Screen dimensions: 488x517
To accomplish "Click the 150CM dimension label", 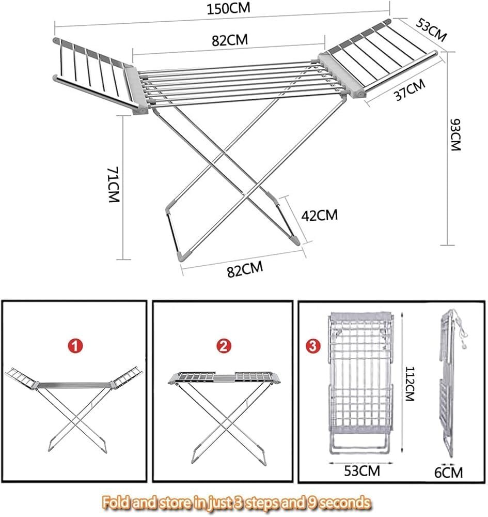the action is (x=229, y=8).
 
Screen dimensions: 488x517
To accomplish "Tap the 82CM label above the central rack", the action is (x=229, y=40).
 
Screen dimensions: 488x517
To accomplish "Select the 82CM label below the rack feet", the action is (x=245, y=269).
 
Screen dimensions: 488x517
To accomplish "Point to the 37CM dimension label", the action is (x=410, y=90).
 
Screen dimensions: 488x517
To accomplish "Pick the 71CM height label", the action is (x=113, y=185).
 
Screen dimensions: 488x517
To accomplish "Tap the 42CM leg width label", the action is (x=320, y=216).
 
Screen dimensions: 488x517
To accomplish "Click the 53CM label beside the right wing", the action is (x=431, y=30).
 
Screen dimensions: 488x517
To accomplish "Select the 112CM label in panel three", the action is (x=409, y=384).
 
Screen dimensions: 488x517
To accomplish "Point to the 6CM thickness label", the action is (x=448, y=473).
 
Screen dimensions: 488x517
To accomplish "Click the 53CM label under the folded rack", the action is (x=362, y=471).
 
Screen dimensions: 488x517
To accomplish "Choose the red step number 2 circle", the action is (x=224, y=346).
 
